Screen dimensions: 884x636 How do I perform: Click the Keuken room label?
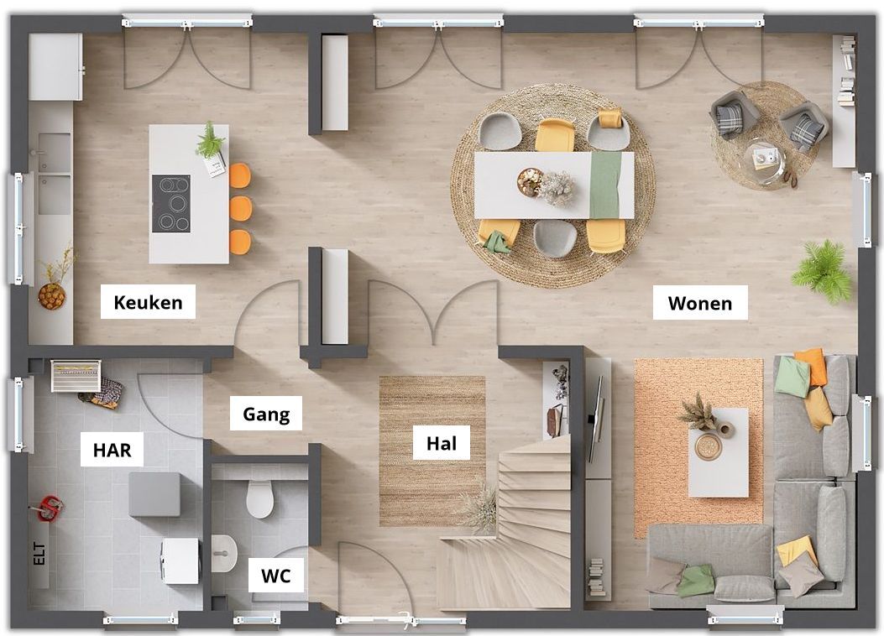[149, 303]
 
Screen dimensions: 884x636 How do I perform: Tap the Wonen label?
[700, 303]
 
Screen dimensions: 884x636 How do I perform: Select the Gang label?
[266, 414]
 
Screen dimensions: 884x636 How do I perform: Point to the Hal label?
[442, 443]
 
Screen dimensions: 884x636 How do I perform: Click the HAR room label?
[112, 450]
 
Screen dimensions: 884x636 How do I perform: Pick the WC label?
[275, 576]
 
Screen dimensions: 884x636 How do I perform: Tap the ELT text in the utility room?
[39, 553]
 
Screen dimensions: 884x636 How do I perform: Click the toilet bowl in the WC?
[260, 498]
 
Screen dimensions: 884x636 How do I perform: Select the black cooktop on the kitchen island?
[170, 203]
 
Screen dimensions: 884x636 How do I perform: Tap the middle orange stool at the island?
[241, 208]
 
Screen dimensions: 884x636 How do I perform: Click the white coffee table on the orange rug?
[719, 452]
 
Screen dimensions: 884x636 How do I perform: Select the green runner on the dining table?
[605, 185]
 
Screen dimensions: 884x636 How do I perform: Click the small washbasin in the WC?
[224, 553]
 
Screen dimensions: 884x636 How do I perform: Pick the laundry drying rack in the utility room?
[76, 375]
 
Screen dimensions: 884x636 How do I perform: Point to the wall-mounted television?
[594, 419]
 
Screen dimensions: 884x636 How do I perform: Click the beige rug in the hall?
[432, 451]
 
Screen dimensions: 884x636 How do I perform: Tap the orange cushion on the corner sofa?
[813, 367]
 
